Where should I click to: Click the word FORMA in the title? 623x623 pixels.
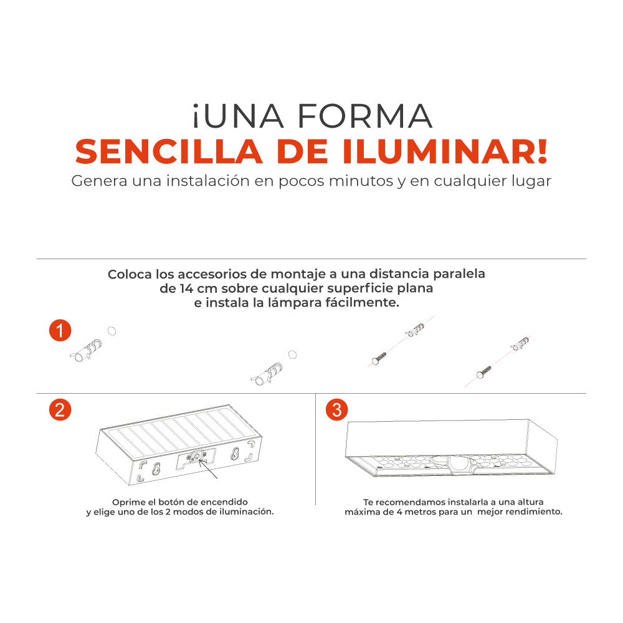(x=364, y=117)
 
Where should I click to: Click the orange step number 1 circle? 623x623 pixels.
(x=60, y=331)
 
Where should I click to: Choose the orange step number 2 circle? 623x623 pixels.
(x=60, y=409)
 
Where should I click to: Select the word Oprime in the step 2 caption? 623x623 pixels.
(x=127, y=502)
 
